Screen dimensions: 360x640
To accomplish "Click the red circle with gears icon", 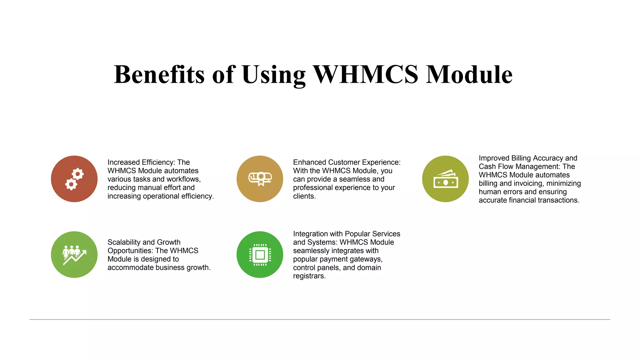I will [74, 179].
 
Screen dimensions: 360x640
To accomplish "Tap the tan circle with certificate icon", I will [260, 179].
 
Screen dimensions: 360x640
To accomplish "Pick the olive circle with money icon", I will [445, 179].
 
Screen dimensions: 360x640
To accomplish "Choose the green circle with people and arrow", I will [74, 254].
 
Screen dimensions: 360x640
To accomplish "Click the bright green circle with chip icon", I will [260, 254].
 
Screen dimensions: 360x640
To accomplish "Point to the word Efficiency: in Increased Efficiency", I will [159, 162].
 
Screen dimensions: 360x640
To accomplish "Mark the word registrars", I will [309, 276].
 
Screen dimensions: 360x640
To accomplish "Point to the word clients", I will [304, 196].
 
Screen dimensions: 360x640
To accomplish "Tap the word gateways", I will [368, 259].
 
